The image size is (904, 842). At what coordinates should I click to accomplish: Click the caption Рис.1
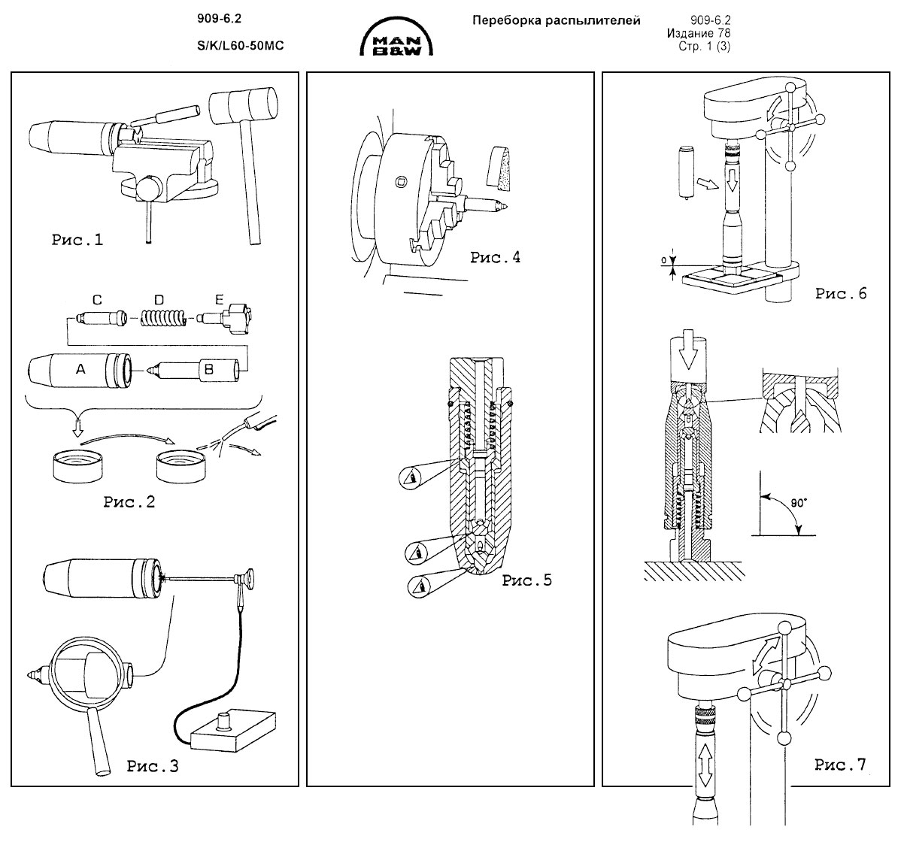coord(77,241)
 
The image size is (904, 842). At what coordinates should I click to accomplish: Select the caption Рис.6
coord(841,293)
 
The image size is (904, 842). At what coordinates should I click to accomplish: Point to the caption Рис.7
coord(841,765)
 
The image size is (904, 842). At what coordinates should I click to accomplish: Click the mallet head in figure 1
coord(242,105)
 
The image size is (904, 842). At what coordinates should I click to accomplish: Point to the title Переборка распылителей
coord(556,20)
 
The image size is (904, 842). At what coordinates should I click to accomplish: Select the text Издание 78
coord(699,33)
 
